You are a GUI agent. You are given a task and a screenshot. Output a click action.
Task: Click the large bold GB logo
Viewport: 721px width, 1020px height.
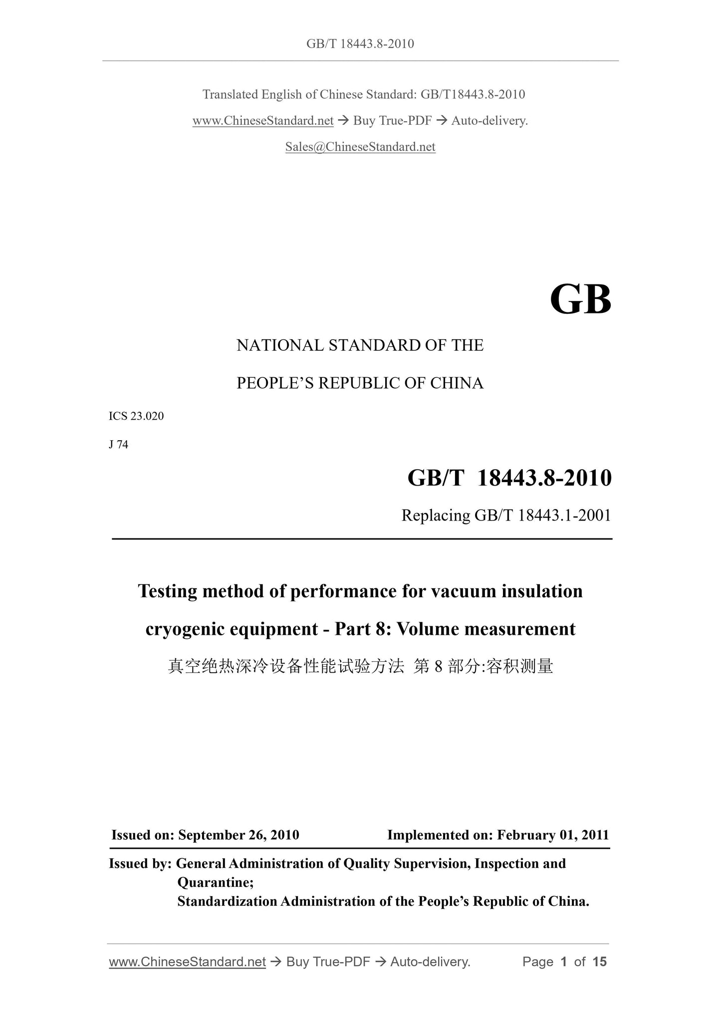coord(580,300)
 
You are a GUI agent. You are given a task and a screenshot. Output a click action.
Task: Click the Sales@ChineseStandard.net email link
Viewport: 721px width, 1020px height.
coord(360,147)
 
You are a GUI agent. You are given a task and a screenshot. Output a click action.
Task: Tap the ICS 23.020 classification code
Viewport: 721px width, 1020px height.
coord(136,416)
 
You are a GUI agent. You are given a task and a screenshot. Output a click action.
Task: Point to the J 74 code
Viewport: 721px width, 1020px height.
coord(119,445)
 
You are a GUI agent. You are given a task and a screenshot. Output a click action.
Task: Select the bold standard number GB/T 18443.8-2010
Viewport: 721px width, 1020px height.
coord(509,478)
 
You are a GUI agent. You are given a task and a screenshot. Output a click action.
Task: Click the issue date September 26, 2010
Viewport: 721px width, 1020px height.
coord(239,835)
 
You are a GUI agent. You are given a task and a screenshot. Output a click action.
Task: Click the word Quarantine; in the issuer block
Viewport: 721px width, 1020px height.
coord(216,882)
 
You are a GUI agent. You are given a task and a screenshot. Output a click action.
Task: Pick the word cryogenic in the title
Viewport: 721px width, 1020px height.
coord(185,629)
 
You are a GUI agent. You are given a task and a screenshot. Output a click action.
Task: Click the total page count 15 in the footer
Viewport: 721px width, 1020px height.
coord(599,962)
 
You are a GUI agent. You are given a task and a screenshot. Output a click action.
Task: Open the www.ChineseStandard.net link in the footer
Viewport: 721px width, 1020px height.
coord(187,962)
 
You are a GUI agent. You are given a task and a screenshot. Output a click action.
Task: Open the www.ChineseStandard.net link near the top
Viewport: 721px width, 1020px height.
coord(263,121)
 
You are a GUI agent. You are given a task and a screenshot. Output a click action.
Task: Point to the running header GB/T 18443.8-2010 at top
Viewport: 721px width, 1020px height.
coord(360,44)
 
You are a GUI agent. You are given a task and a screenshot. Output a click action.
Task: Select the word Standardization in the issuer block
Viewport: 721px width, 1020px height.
coord(227,901)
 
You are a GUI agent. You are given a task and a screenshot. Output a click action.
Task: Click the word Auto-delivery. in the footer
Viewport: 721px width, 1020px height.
coord(430,962)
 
